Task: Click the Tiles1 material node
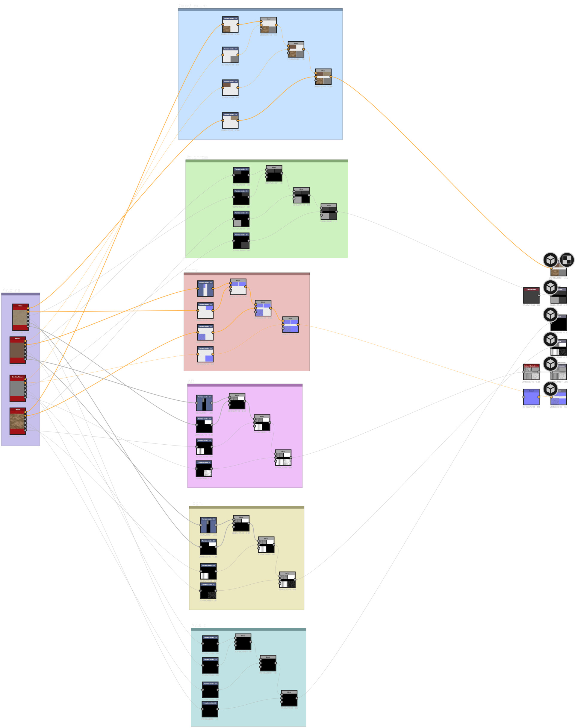[x=20, y=317]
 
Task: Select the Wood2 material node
[x=17, y=350]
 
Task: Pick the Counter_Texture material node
[x=17, y=388]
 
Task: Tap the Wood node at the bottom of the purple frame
[x=17, y=421]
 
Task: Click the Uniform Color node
[x=531, y=296]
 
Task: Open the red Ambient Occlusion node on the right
[x=531, y=372]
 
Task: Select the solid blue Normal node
[x=531, y=397]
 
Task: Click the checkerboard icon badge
[x=567, y=260]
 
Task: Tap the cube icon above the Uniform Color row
[x=550, y=287]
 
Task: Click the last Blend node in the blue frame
[x=323, y=77]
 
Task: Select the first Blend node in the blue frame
[x=268, y=25]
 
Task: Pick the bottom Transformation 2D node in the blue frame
[x=230, y=121]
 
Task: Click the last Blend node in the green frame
[x=329, y=212]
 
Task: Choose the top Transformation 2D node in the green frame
[x=241, y=175]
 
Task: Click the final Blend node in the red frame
[x=290, y=325]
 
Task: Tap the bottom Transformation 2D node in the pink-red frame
[x=205, y=354]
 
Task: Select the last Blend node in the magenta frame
[x=283, y=458]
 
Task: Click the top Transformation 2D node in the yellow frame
[x=208, y=525]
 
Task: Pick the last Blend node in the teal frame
[x=289, y=698]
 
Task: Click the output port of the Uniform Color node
[x=539, y=295]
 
